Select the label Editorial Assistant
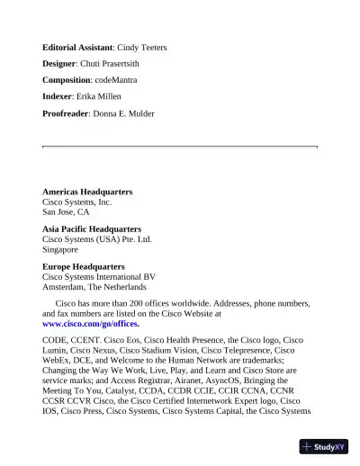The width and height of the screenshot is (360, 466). [x=77, y=47]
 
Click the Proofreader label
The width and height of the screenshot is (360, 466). [x=66, y=113]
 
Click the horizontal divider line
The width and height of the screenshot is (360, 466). [x=180, y=146]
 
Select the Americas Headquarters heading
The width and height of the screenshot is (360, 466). [x=87, y=193]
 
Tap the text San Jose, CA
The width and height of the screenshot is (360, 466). [x=66, y=212]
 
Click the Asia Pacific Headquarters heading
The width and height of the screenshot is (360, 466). [x=92, y=229]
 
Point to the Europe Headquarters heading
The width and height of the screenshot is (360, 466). [x=84, y=267]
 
